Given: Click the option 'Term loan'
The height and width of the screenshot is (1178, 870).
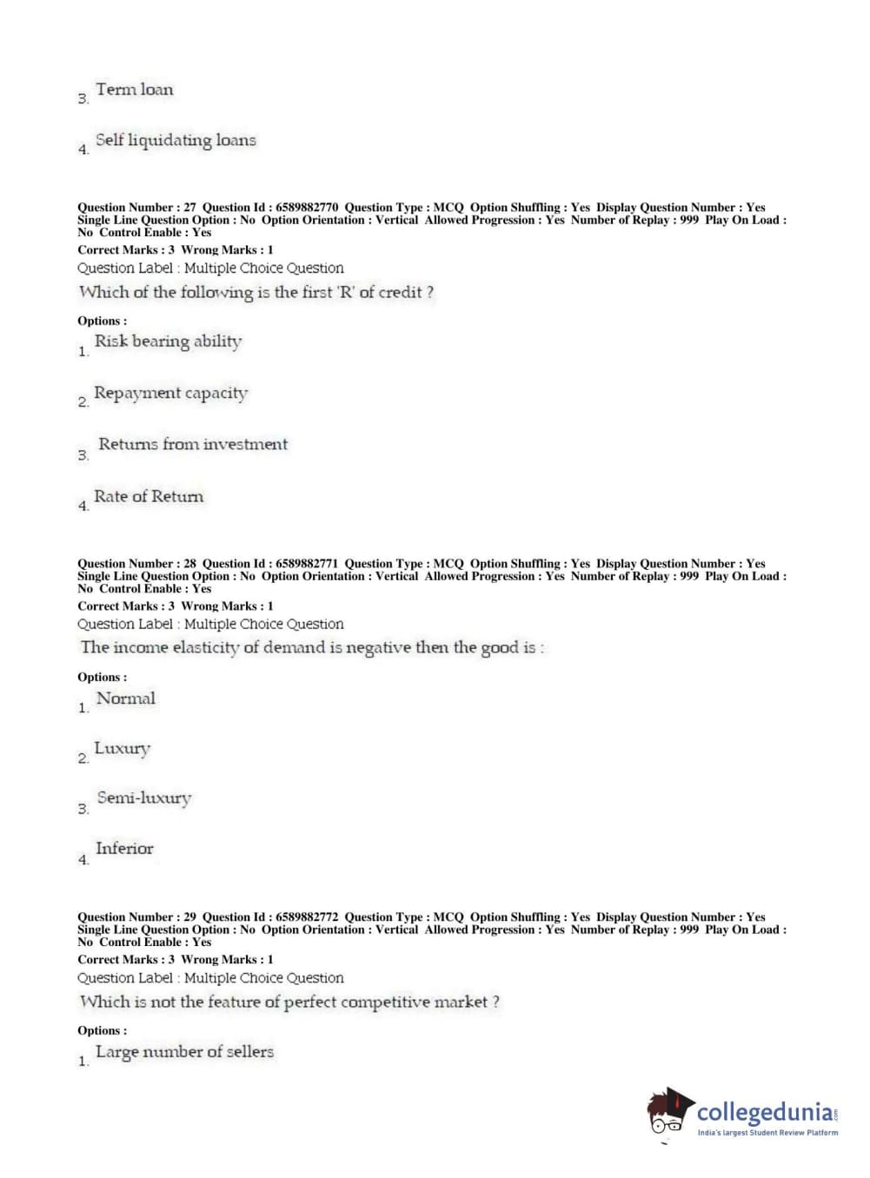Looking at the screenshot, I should click(x=134, y=89).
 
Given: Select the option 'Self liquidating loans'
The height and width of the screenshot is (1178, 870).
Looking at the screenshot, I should click(x=175, y=140).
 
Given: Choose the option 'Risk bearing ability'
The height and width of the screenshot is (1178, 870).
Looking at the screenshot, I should click(x=168, y=341).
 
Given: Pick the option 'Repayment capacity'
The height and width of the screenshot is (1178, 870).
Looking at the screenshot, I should click(x=170, y=393).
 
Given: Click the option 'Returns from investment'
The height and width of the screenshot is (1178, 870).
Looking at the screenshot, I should click(x=192, y=444).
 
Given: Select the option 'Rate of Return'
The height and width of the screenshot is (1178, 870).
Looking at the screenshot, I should click(x=149, y=496).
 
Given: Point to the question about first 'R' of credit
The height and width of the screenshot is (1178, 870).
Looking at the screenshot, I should click(x=256, y=293).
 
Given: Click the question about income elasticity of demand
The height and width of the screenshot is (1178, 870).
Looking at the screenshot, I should click(x=312, y=647).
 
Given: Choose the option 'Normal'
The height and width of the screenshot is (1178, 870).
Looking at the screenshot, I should click(x=126, y=698).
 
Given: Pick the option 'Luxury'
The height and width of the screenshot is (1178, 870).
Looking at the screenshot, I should click(x=122, y=748).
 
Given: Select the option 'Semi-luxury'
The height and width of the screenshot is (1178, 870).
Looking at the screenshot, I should click(x=143, y=797).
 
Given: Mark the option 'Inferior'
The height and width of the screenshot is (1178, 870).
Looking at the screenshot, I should click(x=124, y=849).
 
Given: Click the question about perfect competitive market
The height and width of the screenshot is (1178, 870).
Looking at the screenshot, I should click(x=289, y=1002).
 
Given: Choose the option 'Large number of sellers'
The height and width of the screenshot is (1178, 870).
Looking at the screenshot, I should click(x=184, y=1052).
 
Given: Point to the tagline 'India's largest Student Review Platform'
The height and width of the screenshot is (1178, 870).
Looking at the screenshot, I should click(x=767, y=1133).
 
